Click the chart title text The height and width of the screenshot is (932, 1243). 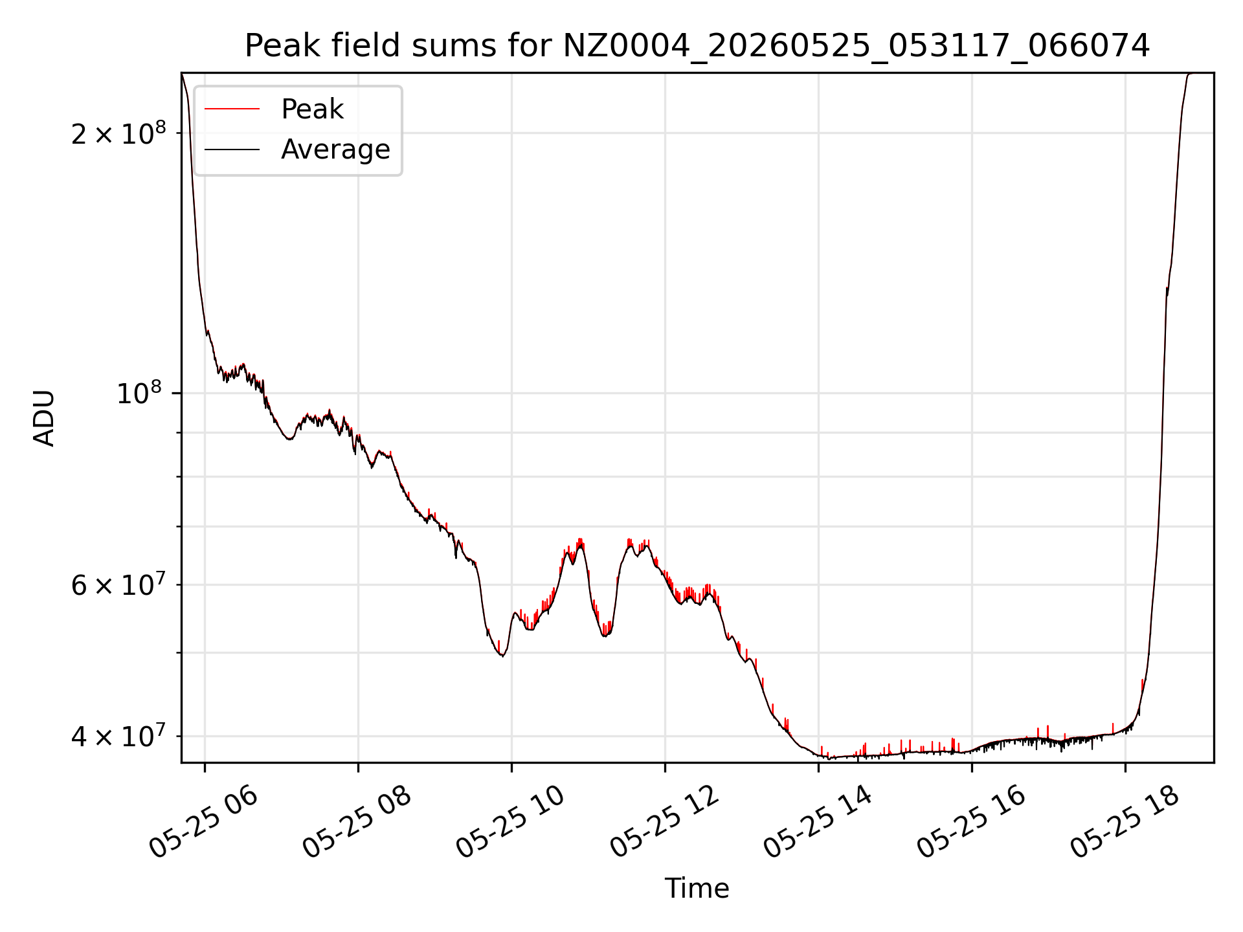[697, 46]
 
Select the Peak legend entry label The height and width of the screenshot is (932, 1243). [312, 109]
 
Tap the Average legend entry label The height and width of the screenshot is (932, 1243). [335, 150]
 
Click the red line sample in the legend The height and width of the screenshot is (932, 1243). [232, 109]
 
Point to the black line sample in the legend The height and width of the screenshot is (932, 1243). [232, 150]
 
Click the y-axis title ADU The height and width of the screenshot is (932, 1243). [44, 417]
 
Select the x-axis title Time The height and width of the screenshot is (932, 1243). [697, 889]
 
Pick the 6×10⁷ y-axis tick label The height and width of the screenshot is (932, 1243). [118, 584]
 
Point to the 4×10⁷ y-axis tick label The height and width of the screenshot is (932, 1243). [118, 736]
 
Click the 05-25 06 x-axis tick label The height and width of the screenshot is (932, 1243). [204, 822]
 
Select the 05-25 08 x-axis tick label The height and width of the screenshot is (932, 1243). [357, 822]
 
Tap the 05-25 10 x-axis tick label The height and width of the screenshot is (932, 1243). [511, 822]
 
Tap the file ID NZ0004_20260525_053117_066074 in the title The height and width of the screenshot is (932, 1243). [856, 47]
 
